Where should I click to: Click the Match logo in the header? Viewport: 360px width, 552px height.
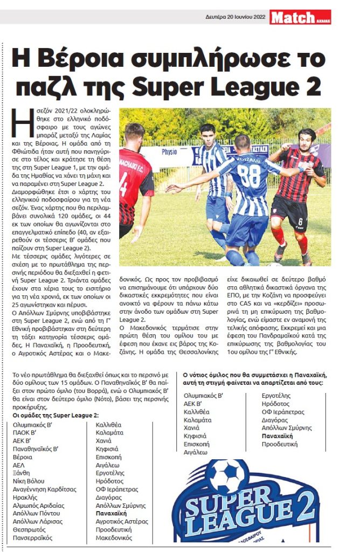point(300,17)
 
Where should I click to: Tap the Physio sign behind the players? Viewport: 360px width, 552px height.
point(169,151)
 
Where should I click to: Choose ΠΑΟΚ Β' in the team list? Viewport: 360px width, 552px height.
point(27,432)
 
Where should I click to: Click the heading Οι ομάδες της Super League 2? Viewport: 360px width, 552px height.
point(56,415)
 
